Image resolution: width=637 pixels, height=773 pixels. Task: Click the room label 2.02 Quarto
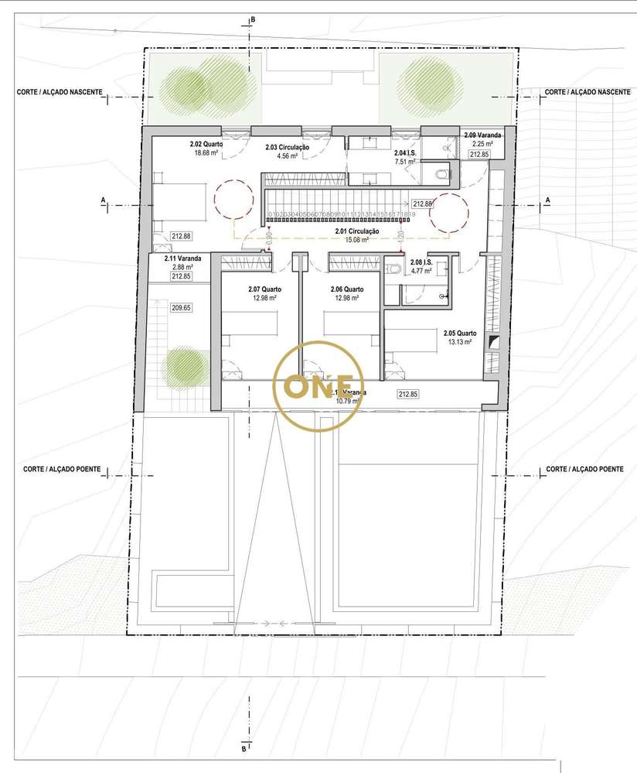point(206,144)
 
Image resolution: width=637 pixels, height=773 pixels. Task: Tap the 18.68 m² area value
point(206,153)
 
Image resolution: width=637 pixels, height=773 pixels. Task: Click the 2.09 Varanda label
point(482,135)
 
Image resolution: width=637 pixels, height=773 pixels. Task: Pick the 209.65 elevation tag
point(181,307)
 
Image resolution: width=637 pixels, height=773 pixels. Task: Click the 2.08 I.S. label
point(422,262)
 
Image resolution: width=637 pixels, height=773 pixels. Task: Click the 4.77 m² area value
point(422,271)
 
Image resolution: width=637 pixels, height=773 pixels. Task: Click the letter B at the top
point(252,19)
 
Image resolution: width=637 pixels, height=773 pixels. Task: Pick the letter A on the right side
point(547,200)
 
